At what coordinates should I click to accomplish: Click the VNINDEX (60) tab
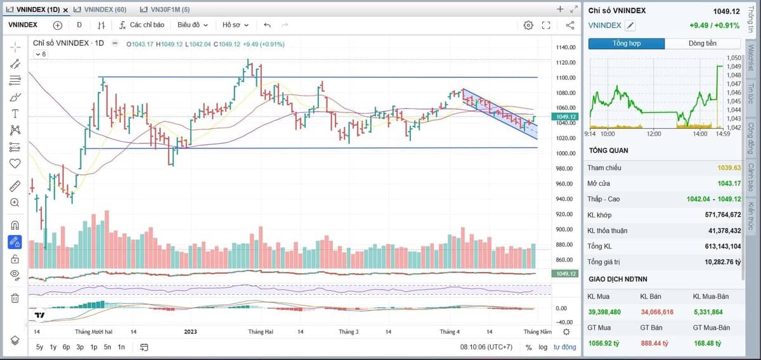coord(100,10)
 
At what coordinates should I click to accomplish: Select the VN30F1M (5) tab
coord(165,10)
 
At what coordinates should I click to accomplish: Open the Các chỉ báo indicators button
coord(141,25)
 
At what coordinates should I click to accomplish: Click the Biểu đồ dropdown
coord(192,25)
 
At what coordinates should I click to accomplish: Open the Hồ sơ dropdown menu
coord(235,25)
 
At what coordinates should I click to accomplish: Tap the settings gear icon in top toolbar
coord(528,25)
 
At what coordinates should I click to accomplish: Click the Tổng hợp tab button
coord(627,44)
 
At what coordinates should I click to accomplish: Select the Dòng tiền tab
coord(703,44)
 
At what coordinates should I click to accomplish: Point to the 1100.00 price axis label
coord(566,78)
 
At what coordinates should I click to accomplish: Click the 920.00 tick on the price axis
coord(566,214)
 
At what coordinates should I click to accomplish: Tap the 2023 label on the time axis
coord(190,332)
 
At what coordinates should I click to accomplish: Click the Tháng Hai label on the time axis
coord(261,332)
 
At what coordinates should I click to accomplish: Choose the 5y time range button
coord(40,347)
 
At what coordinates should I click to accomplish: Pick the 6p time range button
coord(66,347)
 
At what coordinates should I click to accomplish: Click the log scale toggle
coord(543,347)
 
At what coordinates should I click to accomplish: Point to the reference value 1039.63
coord(729,168)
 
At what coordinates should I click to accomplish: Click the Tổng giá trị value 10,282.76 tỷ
coord(722,262)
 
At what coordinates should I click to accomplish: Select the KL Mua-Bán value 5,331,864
coord(708,312)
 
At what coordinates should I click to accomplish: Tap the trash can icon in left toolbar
coord(15,298)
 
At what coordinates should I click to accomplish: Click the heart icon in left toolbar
coord(15,164)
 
